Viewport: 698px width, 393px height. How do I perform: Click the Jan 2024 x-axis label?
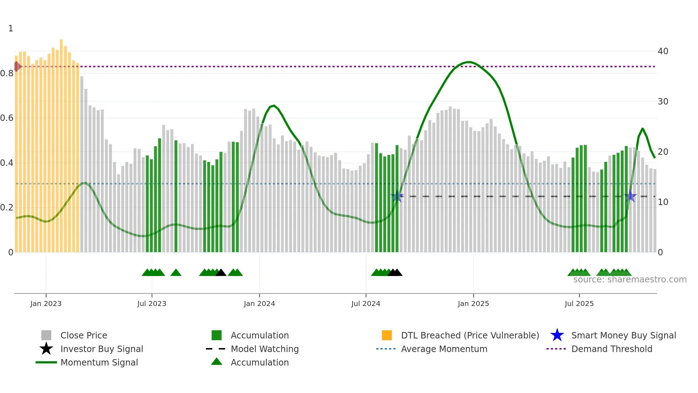pyautogui.click(x=259, y=304)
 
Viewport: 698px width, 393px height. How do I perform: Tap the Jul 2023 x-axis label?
pyautogui.click(x=152, y=304)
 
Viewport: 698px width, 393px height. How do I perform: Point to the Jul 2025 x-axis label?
pyautogui.click(x=579, y=304)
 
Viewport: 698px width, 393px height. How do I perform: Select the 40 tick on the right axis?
pyautogui.click(x=663, y=51)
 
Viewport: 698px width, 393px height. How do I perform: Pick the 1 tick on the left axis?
pyautogui.click(x=11, y=29)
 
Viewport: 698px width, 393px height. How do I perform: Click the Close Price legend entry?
pyautogui.click(x=84, y=336)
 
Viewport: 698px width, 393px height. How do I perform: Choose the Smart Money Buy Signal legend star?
pyautogui.click(x=557, y=335)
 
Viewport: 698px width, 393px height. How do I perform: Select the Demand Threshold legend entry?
pyautogui.click(x=611, y=349)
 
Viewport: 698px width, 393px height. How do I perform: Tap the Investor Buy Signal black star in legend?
pyautogui.click(x=46, y=349)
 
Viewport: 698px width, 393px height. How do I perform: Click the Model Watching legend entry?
pyautogui.click(x=265, y=349)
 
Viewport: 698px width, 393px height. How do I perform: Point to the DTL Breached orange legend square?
pyautogui.click(x=387, y=335)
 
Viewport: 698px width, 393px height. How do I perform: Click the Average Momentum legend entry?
pyautogui.click(x=444, y=349)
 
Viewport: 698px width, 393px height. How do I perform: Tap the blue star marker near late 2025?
pyautogui.click(x=630, y=196)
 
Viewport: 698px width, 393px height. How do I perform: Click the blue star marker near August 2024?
pyautogui.click(x=397, y=196)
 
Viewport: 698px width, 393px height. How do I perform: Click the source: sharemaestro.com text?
pyautogui.click(x=630, y=280)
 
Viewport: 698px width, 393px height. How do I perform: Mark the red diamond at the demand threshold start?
pyautogui.click(x=17, y=66)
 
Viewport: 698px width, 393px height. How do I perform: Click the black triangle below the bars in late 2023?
pyautogui.click(x=221, y=273)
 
